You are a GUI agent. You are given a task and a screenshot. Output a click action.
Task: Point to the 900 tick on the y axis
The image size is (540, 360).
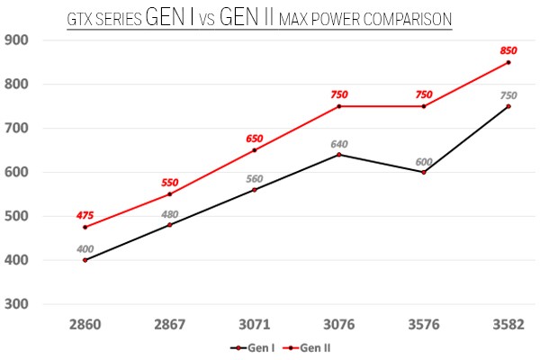17,40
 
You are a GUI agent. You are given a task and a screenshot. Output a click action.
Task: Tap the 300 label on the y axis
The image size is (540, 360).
17,304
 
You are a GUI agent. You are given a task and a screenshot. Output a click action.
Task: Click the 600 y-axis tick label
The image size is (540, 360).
17,172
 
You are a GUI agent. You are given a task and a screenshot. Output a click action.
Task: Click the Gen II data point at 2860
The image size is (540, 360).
85,227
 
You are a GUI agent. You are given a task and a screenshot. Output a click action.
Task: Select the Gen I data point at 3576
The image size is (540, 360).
423,172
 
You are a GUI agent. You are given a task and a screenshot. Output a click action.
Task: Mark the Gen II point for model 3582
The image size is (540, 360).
508,62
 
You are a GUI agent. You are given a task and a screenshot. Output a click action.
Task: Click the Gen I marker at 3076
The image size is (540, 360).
338,155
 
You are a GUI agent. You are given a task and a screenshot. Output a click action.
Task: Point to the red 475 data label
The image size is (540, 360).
85,214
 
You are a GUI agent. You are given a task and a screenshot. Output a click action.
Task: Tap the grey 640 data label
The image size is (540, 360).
338,142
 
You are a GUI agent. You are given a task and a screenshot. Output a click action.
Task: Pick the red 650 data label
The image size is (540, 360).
254,138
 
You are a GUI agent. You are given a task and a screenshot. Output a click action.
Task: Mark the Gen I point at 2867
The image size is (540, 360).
169,225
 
